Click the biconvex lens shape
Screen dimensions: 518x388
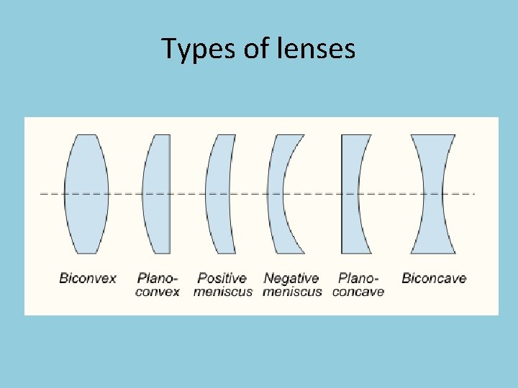86,194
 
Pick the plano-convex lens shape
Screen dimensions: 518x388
159,194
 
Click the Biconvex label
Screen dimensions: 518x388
88,278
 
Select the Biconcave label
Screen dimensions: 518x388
434,278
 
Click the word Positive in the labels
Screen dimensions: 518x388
222,278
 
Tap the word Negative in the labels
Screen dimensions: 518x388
291,278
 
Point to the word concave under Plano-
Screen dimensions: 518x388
358,292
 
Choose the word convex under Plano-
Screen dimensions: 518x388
158,292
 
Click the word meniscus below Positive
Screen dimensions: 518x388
223,292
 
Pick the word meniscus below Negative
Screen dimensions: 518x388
292,292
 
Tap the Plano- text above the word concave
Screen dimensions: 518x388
358,278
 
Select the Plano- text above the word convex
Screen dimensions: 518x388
158,278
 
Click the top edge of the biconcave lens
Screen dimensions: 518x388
433,135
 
